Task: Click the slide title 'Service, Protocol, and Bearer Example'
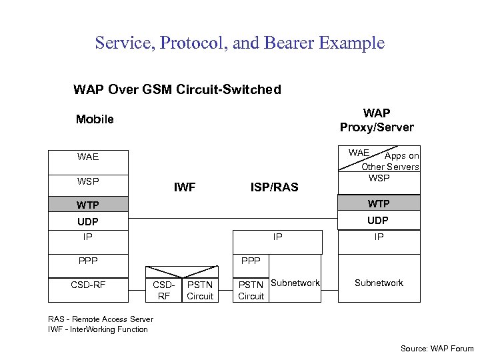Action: [x=240, y=43]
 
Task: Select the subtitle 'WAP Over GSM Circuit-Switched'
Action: [x=177, y=89]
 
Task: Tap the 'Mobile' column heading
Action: [x=95, y=119]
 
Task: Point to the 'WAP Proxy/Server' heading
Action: [x=377, y=120]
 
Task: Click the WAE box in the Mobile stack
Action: [x=88, y=157]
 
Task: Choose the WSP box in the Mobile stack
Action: [x=88, y=181]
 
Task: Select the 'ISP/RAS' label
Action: [x=274, y=187]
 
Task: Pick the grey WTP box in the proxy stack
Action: [x=379, y=203]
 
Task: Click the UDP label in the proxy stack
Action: [x=379, y=220]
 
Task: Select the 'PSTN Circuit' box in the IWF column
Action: [x=200, y=291]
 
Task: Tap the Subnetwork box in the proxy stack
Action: [x=379, y=283]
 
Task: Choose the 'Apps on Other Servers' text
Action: [x=393, y=161]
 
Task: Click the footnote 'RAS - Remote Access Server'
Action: [x=101, y=319]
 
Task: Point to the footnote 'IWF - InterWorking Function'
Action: [x=98, y=329]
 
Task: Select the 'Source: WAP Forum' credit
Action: [x=437, y=348]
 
